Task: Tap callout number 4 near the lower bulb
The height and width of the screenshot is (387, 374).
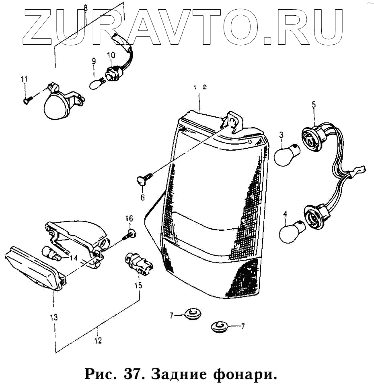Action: tap(285, 215)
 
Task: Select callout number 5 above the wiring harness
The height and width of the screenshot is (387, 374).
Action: tap(314, 105)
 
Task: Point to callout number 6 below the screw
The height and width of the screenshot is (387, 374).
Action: tap(142, 197)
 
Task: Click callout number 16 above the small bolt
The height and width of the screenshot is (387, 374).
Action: tap(129, 219)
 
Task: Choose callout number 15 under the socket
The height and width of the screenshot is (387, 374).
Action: tap(138, 286)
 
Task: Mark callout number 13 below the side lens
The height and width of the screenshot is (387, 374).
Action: tap(53, 317)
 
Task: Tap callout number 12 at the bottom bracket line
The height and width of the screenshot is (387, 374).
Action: tap(98, 341)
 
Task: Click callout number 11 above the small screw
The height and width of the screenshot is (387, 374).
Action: tap(24, 79)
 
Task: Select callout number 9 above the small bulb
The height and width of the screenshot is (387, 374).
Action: tap(94, 62)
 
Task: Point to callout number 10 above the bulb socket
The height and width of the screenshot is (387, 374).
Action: tap(111, 55)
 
